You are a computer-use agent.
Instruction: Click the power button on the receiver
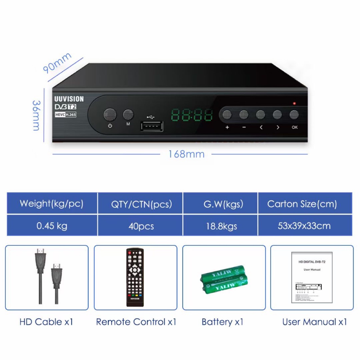pos(110,115)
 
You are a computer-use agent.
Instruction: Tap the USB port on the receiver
pos(152,126)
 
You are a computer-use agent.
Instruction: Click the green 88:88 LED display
pos(192,115)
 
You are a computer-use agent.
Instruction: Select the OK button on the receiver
pos(294,115)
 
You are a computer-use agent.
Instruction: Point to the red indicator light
pos(294,103)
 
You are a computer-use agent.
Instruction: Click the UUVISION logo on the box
pos(69,99)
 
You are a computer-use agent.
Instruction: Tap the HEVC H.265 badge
pos(65,115)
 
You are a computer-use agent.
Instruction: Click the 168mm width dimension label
pos(186,154)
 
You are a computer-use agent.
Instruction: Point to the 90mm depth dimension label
pos(57,63)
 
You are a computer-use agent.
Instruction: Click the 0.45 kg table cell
pos(52,226)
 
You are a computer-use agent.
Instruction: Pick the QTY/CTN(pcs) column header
pos(141,204)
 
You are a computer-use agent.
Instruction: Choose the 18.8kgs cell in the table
pos(221,226)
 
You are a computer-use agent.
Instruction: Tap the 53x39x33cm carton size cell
pos(304,226)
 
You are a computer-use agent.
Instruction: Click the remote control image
pos(135,277)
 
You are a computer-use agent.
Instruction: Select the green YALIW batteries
pos(224,279)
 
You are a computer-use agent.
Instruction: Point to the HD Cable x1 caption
pos(46,322)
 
